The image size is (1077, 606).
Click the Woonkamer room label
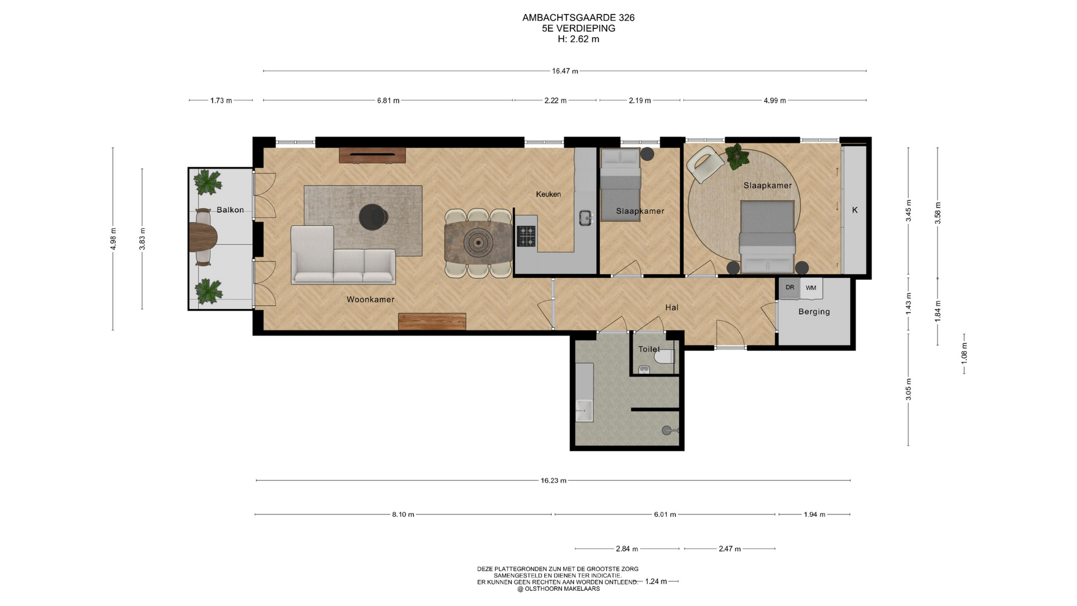pyautogui.click(x=370, y=300)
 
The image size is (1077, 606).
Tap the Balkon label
pyautogui.click(x=230, y=210)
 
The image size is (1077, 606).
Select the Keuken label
pyautogui.click(x=548, y=194)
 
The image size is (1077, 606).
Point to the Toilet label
pyautogui.click(x=649, y=349)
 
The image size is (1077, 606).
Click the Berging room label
pyautogui.click(x=814, y=312)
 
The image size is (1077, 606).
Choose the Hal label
pyautogui.click(x=671, y=307)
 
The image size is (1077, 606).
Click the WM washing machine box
pyautogui.click(x=811, y=288)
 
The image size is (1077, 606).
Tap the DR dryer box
pyautogui.click(x=790, y=288)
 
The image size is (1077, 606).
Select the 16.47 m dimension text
pyautogui.click(x=565, y=71)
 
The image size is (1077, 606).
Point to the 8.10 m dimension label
pyautogui.click(x=403, y=515)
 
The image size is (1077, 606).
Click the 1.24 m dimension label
pyautogui.click(x=656, y=581)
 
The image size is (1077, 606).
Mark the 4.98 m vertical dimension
pyautogui.click(x=113, y=239)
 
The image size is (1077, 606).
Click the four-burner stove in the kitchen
pyautogui.click(x=526, y=236)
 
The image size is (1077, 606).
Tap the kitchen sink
pyautogui.click(x=586, y=218)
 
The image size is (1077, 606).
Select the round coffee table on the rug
pyautogui.click(x=373, y=217)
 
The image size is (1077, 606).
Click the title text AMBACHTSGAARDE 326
pyautogui.click(x=578, y=17)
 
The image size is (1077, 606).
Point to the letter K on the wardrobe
pyautogui.click(x=855, y=210)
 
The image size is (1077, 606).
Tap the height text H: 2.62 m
pyautogui.click(x=578, y=39)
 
